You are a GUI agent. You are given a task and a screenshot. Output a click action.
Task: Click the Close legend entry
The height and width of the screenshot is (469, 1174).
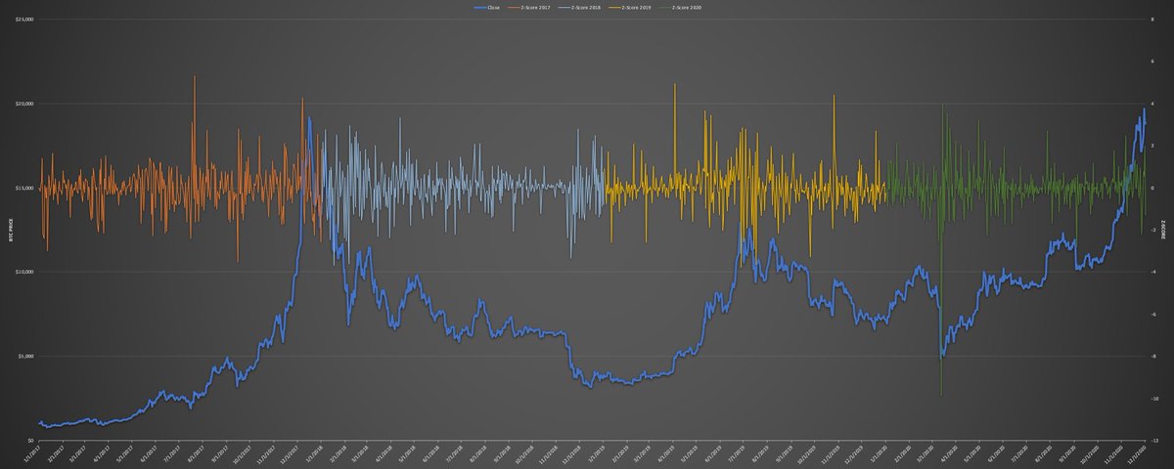pyautogui.click(x=486, y=7)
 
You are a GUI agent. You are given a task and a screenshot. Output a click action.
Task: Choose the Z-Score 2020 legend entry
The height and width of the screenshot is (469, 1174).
pyautogui.click(x=689, y=7)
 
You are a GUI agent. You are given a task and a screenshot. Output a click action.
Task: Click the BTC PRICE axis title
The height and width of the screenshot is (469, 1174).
pyautogui.click(x=9, y=231)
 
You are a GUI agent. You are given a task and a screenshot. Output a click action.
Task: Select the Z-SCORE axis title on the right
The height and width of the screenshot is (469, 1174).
pyautogui.click(x=1167, y=231)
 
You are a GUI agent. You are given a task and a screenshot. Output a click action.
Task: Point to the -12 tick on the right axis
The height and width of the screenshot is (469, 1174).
pyautogui.click(x=1155, y=440)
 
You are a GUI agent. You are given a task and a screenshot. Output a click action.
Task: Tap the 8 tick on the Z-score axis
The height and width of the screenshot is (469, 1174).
pyautogui.click(x=1154, y=20)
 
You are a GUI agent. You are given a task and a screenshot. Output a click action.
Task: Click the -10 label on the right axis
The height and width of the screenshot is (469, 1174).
pyautogui.click(x=1155, y=398)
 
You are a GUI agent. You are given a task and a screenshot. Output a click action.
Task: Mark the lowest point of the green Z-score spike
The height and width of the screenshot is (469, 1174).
pyautogui.click(x=941, y=396)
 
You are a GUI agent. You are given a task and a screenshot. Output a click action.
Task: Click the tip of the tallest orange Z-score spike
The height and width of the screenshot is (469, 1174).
pyautogui.click(x=194, y=75)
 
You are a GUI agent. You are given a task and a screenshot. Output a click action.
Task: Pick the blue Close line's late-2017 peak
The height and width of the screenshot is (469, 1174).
pyautogui.click(x=309, y=118)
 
